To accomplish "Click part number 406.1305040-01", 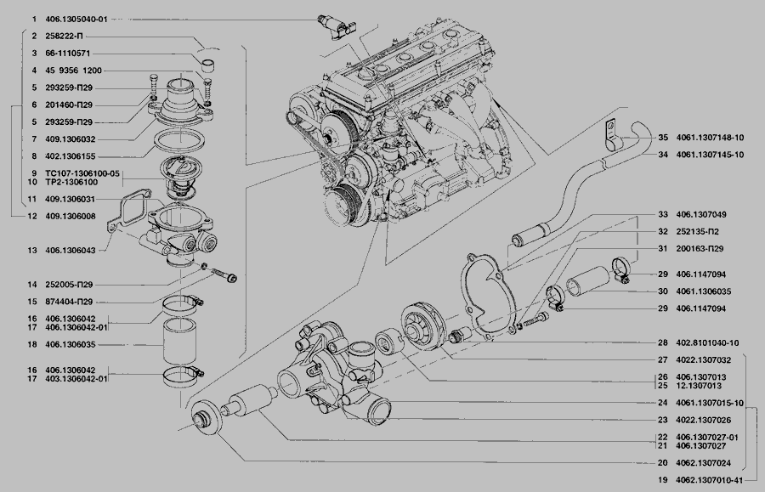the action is (76, 20).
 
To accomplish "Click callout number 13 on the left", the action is (32, 251).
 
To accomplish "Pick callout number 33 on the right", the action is (662, 214).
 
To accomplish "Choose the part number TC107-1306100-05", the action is (82, 173).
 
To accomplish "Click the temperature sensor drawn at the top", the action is (337, 27).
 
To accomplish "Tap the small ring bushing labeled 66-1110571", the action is (210, 64).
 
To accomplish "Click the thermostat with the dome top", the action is (178, 177).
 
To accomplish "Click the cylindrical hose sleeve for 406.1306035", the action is (179, 342).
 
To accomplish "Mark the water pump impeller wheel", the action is (422, 325).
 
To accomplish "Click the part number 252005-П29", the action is (69, 285).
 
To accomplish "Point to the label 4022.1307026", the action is (703, 421).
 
